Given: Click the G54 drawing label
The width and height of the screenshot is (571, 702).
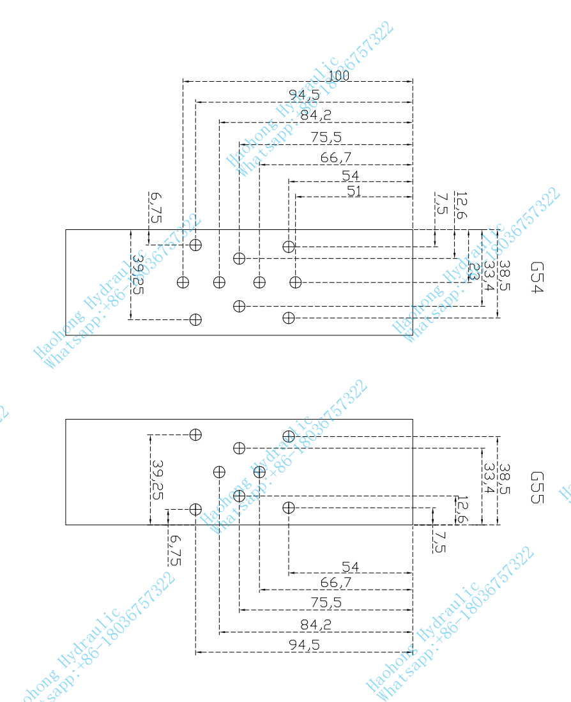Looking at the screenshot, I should click(x=537, y=277).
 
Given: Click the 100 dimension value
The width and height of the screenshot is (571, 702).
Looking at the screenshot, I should click(x=339, y=75).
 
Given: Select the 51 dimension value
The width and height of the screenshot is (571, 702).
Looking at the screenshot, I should click(x=355, y=190).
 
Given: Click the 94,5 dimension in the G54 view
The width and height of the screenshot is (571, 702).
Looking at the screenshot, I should click(x=304, y=96).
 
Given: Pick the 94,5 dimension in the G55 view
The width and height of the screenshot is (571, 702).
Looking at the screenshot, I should click(x=304, y=645).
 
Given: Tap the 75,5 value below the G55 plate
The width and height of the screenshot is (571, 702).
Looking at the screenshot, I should click(x=326, y=602).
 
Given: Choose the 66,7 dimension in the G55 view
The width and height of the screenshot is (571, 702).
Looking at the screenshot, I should click(x=336, y=583).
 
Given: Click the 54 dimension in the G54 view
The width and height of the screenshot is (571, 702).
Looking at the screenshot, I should click(x=350, y=176).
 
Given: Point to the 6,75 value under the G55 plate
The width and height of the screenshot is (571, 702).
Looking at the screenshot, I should click(x=174, y=549).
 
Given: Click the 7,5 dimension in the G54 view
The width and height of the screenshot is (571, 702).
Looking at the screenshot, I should click(x=441, y=206).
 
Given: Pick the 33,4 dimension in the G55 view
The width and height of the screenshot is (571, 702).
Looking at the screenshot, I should click(x=489, y=479).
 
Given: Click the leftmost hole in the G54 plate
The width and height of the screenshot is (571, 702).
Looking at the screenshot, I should click(x=183, y=282).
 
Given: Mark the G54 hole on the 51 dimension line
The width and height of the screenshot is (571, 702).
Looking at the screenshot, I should click(x=295, y=282).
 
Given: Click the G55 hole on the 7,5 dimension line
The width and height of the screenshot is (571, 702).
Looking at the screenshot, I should click(x=289, y=508).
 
